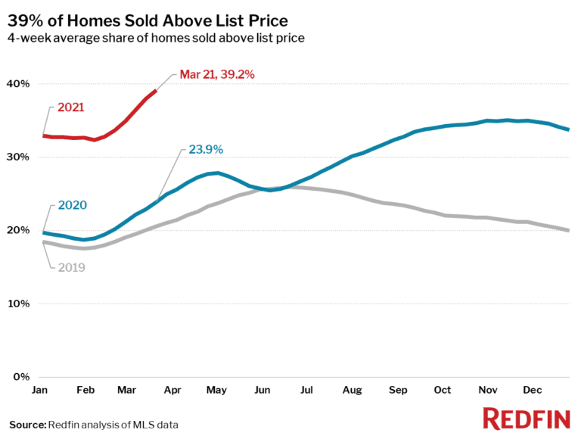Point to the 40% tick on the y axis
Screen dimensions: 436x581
pyautogui.click(x=19, y=84)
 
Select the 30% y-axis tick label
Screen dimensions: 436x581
pyautogui.click(x=19, y=157)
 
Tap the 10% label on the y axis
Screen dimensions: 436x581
pyautogui.click(x=19, y=304)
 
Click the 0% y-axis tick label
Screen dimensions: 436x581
pyautogui.click(x=22, y=377)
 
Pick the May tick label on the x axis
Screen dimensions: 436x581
pyautogui.click(x=216, y=391)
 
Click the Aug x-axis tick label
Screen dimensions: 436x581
pyautogui.click(x=352, y=391)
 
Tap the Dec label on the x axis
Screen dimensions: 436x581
pyautogui.click(x=533, y=391)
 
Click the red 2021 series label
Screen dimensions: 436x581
pyautogui.click(x=70, y=107)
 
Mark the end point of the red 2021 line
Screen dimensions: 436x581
pyautogui.click(x=156, y=91)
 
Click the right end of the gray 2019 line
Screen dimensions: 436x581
pyautogui.click(x=568, y=230)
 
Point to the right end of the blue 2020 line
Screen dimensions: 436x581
pyautogui.click(x=568, y=129)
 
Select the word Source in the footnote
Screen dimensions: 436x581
pyautogui.click(x=27, y=425)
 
